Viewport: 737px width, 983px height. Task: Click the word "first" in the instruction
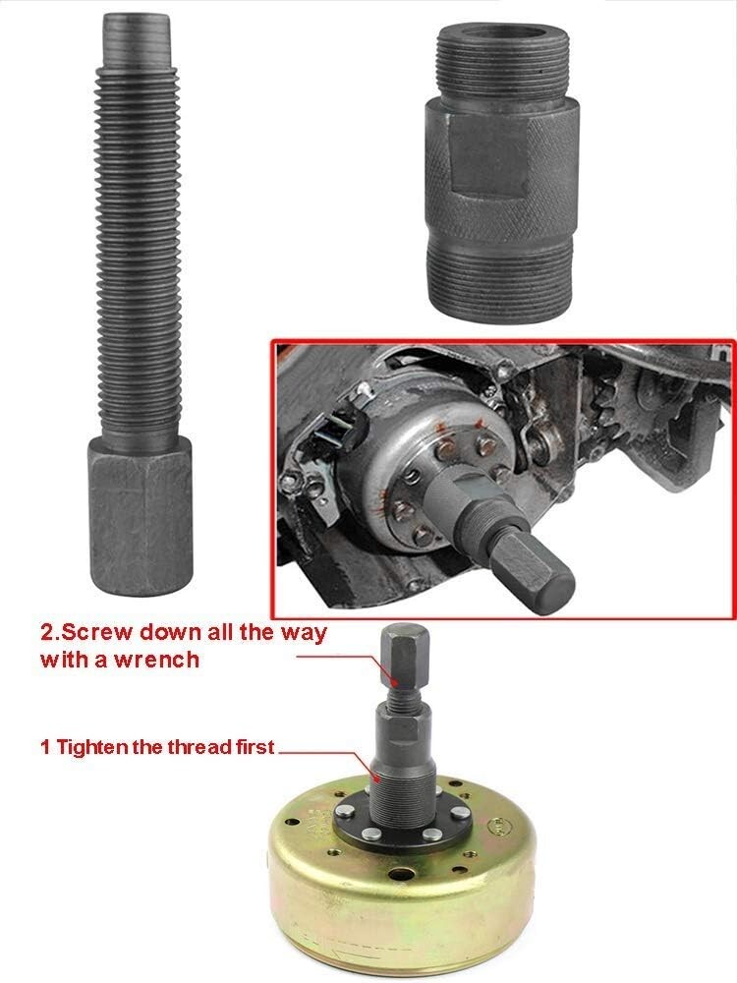[x=251, y=747]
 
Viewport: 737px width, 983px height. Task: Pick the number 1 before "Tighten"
[x=44, y=747]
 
